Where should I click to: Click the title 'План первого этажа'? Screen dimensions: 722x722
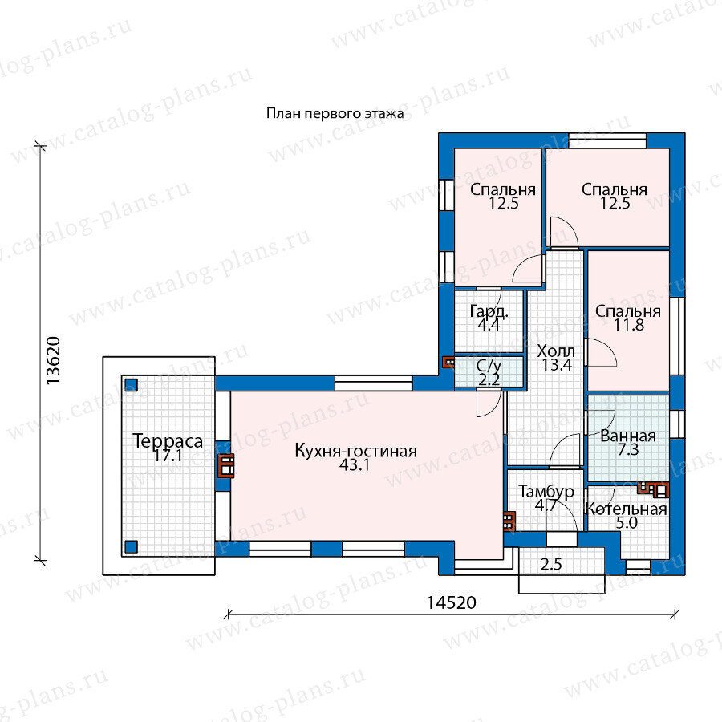(335, 113)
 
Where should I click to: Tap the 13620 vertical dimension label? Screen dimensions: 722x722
(53, 361)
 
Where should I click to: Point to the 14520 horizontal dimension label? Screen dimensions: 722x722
(451, 602)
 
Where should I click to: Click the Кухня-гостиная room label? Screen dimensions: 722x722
(355, 451)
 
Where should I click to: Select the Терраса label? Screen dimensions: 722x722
(168, 441)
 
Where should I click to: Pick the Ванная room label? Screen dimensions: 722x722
(628, 436)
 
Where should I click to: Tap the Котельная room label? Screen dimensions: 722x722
(627, 509)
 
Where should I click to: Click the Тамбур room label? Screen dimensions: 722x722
(546, 492)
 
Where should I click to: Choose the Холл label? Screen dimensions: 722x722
(556, 351)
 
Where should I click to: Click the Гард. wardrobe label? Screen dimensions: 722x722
(489, 312)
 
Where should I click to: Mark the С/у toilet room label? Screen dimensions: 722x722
(489, 367)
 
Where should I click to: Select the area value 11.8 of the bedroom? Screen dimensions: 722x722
(628, 325)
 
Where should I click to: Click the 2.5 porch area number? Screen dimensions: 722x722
(551, 564)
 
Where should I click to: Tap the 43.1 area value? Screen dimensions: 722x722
(355, 465)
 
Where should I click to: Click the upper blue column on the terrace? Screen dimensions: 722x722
(132, 385)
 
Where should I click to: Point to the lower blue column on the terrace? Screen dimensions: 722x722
(132, 546)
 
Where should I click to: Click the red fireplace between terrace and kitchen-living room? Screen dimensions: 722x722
(225, 465)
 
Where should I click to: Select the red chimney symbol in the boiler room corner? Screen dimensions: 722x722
(653, 489)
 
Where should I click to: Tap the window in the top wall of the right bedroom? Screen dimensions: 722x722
(608, 140)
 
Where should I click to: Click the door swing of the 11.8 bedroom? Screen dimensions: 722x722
(601, 352)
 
